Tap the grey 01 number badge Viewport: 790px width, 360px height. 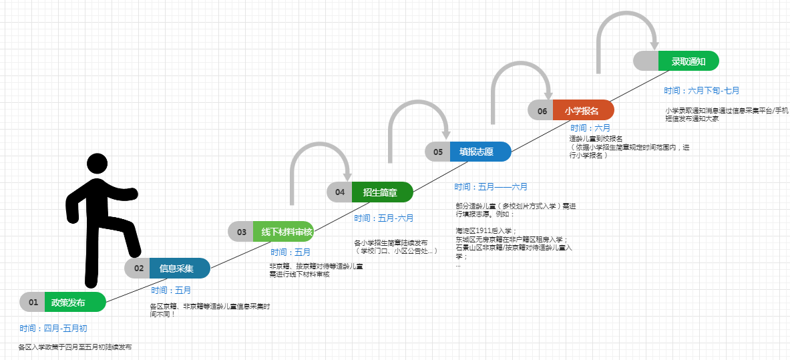pyautogui.click(x=33, y=302)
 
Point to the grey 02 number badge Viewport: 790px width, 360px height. pyautogui.click(x=138, y=268)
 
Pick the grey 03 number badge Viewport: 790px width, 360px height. pyautogui.click(x=241, y=232)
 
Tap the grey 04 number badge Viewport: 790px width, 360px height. pyautogui.click(x=340, y=192)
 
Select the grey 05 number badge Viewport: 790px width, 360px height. pyautogui.click(x=438, y=152)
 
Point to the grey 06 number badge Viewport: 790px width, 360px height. pyautogui.click(x=542, y=110)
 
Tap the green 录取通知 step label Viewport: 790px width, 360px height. pyautogui.click(x=688, y=61)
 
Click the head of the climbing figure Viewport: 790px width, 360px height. pyautogui.click(x=97, y=163)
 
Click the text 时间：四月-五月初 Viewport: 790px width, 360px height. pyautogui.click(x=53, y=329)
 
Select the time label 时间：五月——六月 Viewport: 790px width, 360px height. pyautogui.click(x=491, y=187)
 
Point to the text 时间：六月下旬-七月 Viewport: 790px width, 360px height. pyautogui.click(x=701, y=91)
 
